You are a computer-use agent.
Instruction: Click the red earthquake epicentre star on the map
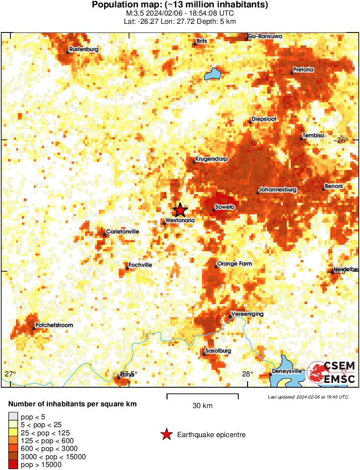tap(180, 210)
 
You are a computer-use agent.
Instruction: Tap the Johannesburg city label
tap(278, 190)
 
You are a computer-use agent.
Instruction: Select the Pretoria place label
tap(303, 69)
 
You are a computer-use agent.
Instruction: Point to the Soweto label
tap(225, 207)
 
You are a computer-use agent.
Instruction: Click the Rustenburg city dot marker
tap(68, 52)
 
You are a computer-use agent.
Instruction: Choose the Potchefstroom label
tap(55, 325)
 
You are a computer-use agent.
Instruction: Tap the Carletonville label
tap(123, 232)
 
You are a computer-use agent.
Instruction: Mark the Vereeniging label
tap(247, 314)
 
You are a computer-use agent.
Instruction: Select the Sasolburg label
tap(218, 350)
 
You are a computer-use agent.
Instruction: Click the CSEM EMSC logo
tap(331, 373)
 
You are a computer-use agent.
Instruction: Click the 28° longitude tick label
tap(247, 374)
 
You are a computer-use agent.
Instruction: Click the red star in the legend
tap(166, 434)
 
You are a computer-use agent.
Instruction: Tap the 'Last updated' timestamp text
tap(308, 397)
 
